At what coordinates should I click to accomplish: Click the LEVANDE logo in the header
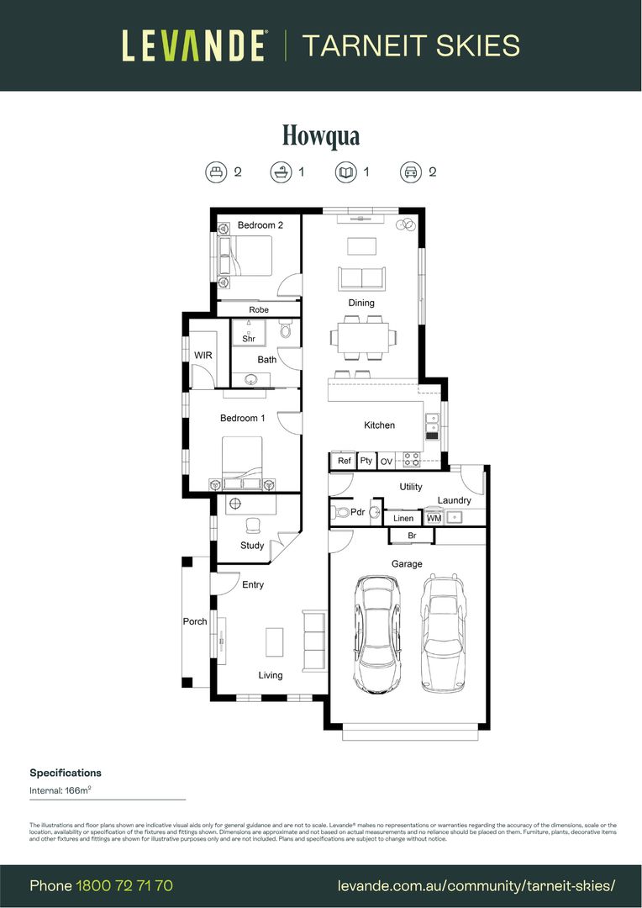pos(194,45)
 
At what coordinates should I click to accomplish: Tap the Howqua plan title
pos(321,135)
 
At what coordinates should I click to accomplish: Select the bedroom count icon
pos(217,172)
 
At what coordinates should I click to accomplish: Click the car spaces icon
pos(410,172)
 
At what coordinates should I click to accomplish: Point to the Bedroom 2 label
pos(260,225)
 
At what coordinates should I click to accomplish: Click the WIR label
pos(203,356)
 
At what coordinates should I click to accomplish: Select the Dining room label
pos(361,303)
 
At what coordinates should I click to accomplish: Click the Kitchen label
pos(379,425)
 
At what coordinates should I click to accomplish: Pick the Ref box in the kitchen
pos(344,461)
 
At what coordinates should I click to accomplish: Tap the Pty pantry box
pos(366,461)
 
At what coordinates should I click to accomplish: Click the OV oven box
pos(387,462)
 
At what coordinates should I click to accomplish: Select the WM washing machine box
pos(434,518)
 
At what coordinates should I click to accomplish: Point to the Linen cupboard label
pos(403,519)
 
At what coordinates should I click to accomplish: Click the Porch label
pos(195,622)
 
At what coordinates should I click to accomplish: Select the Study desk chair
pos(252,525)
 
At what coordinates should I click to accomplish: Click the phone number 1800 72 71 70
pos(124,885)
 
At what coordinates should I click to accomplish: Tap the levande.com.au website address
pos(476,885)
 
